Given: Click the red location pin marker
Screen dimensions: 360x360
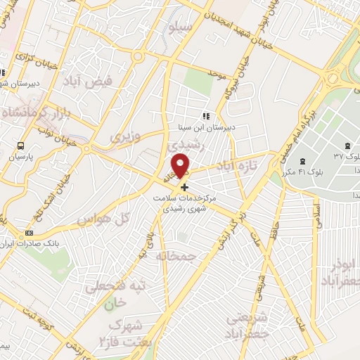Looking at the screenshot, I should point(182,167).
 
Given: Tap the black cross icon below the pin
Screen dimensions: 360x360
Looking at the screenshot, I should point(185,187).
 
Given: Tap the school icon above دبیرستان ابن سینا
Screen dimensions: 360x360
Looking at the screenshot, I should point(205,116).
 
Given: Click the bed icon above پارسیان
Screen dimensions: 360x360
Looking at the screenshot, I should point(20,147).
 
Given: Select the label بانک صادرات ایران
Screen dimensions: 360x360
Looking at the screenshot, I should point(31,244).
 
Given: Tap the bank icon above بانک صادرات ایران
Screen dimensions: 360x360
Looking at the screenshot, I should point(29,233).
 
